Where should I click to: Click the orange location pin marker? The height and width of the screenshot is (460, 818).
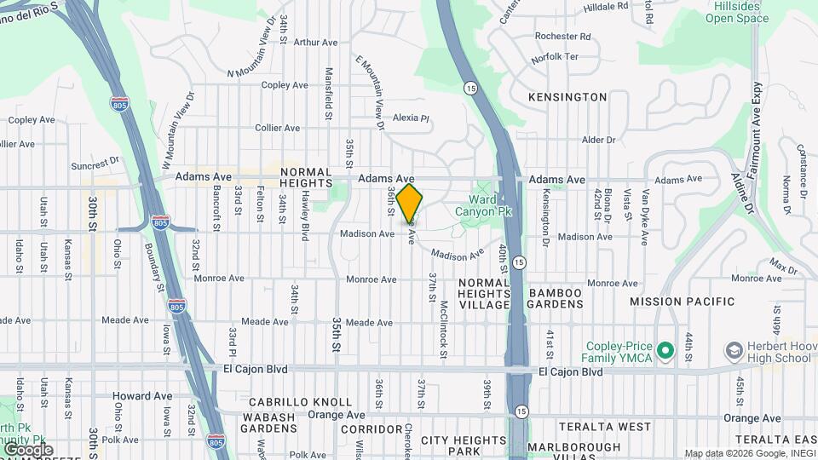click(409, 203)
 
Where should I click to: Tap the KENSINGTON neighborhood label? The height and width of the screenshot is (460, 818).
click(567, 97)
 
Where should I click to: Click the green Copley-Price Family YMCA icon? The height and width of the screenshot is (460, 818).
click(665, 349)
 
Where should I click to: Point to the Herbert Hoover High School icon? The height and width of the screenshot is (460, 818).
click(732, 350)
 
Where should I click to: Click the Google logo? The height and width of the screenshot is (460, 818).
click(29, 449)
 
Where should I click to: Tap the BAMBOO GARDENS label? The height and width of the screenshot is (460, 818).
click(556, 299)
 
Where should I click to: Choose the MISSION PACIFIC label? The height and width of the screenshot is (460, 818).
click(682, 302)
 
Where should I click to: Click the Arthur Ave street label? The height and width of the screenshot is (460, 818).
click(316, 41)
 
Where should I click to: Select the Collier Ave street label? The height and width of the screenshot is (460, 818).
click(279, 128)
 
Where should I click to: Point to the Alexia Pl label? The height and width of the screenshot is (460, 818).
click(411, 118)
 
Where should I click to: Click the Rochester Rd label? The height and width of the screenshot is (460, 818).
click(562, 37)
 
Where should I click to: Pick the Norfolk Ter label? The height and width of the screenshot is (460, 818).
click(554, 56)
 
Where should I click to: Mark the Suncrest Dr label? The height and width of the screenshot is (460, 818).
click(95, 164)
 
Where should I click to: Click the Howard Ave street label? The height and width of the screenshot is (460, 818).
click(142, 396)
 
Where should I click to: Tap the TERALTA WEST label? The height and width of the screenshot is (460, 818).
click(605, 426)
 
